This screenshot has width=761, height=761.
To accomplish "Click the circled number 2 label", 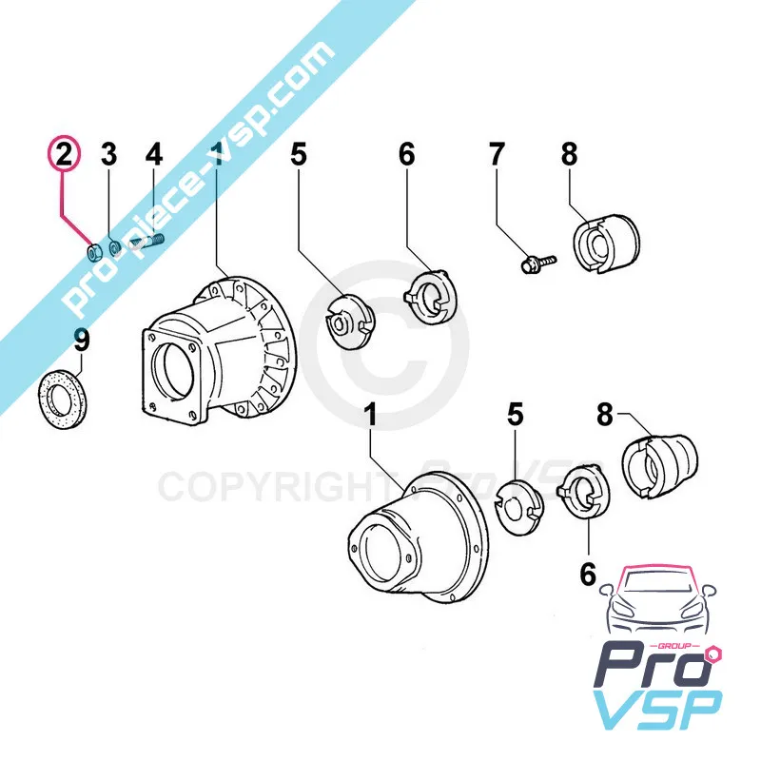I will click(63, 154).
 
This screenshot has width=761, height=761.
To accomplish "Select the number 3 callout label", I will click(109, 154).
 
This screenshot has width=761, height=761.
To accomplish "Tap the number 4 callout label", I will click(154, 154).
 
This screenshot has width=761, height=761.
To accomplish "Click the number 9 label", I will click(82, 339).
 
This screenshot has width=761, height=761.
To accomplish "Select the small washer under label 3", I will click(114, 249).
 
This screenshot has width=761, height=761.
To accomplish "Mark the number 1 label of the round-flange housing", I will click(371, 416).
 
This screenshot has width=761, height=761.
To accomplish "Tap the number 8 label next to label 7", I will click(569, 154).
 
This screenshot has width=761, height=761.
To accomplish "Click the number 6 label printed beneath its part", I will click(587, 574).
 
